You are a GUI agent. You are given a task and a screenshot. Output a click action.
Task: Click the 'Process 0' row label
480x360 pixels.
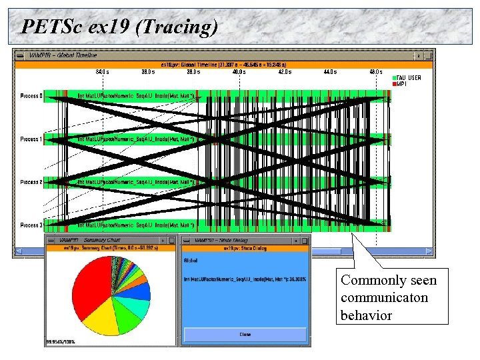[x=31, y=96]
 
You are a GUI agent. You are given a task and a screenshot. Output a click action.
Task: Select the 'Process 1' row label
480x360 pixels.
[x=31, y=139]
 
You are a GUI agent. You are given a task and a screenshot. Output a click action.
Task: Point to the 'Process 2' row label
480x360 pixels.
[x=31, y=182]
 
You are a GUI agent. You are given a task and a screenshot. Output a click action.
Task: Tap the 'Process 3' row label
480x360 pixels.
[x=31, y=225]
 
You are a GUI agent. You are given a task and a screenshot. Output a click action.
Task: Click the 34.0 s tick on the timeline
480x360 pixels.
[x=103, y=71]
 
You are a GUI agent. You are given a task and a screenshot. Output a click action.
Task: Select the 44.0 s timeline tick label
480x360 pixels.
[x=330, y=71]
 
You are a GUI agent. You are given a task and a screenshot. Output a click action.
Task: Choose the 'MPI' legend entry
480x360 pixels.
[x=403, y=84]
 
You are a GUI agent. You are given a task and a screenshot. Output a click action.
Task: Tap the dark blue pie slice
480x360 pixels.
[x=141, y=292]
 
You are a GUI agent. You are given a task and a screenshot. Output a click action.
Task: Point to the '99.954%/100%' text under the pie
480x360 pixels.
[x=61, y=342]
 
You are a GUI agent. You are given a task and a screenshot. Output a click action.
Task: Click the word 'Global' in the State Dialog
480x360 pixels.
[x=191, y=261]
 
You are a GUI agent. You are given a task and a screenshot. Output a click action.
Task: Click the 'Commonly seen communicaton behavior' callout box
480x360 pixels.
[x=391, y=296]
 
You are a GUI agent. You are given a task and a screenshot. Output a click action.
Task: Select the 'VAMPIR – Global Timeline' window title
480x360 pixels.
[x=64, y=55]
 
